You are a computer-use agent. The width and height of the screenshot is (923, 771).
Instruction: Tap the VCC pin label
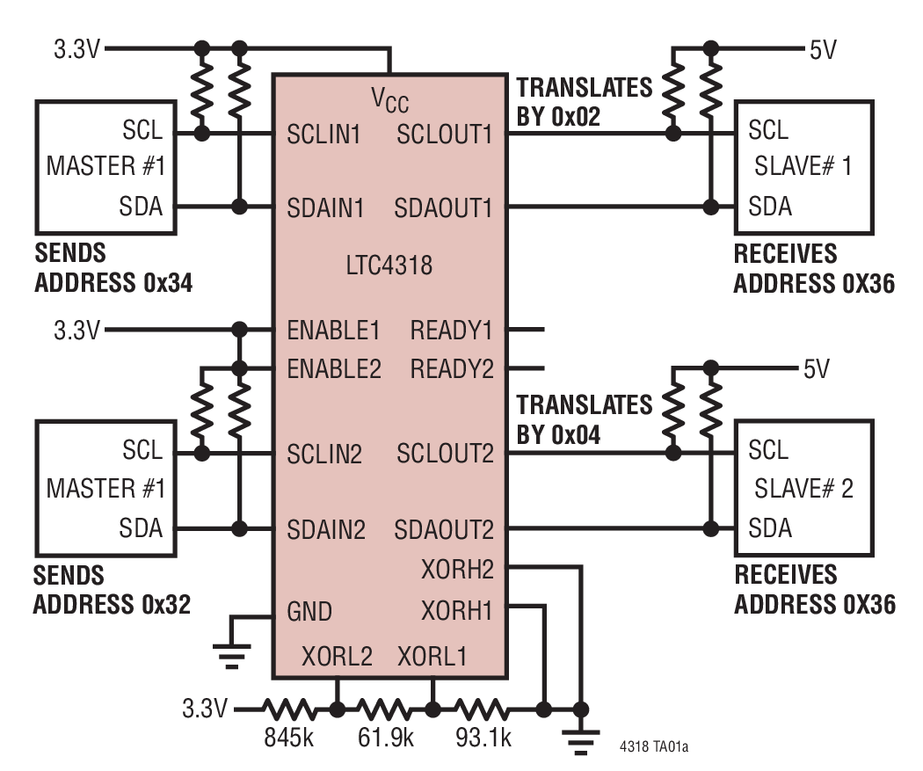pos(389,98)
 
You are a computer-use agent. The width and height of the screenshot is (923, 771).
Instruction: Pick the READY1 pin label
pos(452,331)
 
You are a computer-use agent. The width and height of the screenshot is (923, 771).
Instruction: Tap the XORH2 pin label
pos(457,570)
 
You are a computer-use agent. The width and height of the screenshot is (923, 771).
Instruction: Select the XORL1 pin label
pos(432,656)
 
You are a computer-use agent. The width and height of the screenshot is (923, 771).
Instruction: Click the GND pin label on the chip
pos(309,610)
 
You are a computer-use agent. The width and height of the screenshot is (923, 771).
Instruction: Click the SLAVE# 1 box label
pos(803,167)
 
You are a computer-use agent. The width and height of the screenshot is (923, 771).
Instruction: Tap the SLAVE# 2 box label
pos(803,488)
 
